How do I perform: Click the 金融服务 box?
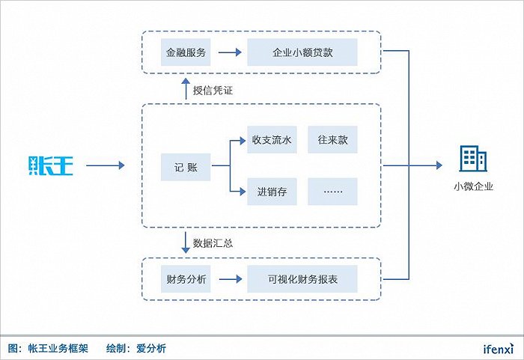click(186, 52)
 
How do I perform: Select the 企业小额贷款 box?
click(302, 52)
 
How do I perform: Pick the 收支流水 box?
click(272, 140)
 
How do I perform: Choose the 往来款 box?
click(332, 140)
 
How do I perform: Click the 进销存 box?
click(272, 192)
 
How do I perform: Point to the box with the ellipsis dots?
click(332, 192)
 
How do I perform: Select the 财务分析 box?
click(186, 280)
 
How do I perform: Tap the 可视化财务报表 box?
click(302, 280)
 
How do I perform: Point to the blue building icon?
click(472, 159)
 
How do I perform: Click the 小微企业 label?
click(473, 187)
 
